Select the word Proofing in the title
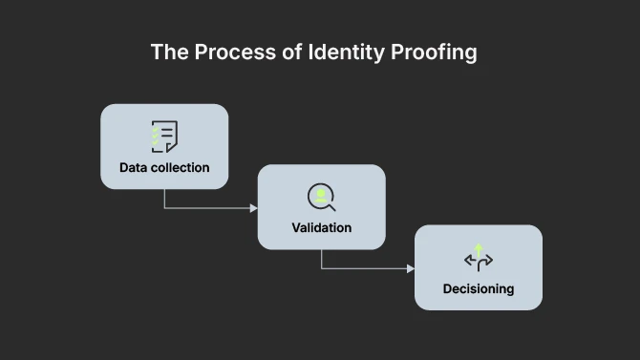coord(434,53)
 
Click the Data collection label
coord(164,168)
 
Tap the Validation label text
coord(322,228)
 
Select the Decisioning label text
coord(479,288)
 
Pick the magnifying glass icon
coord(322,197)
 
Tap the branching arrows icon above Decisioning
coord(479,258)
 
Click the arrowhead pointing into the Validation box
coord(254,207)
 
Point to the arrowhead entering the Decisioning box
coord(411,268)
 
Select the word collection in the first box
coord(181,168)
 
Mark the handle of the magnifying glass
coord(331,206)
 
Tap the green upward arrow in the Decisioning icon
coord(479,249)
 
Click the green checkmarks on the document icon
coord(155,138)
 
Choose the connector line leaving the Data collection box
coord(165,199)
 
